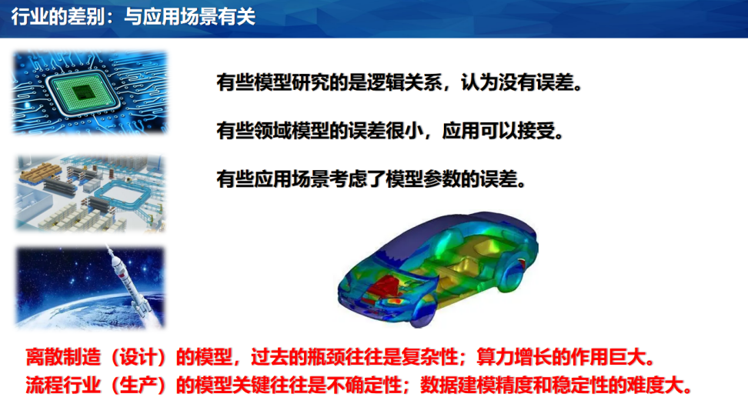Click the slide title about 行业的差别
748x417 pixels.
click(133, 17)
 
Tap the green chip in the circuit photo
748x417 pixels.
click(82, 91)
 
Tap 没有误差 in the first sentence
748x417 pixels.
click(536, 82)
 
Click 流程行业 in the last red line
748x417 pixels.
click(63, 385)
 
